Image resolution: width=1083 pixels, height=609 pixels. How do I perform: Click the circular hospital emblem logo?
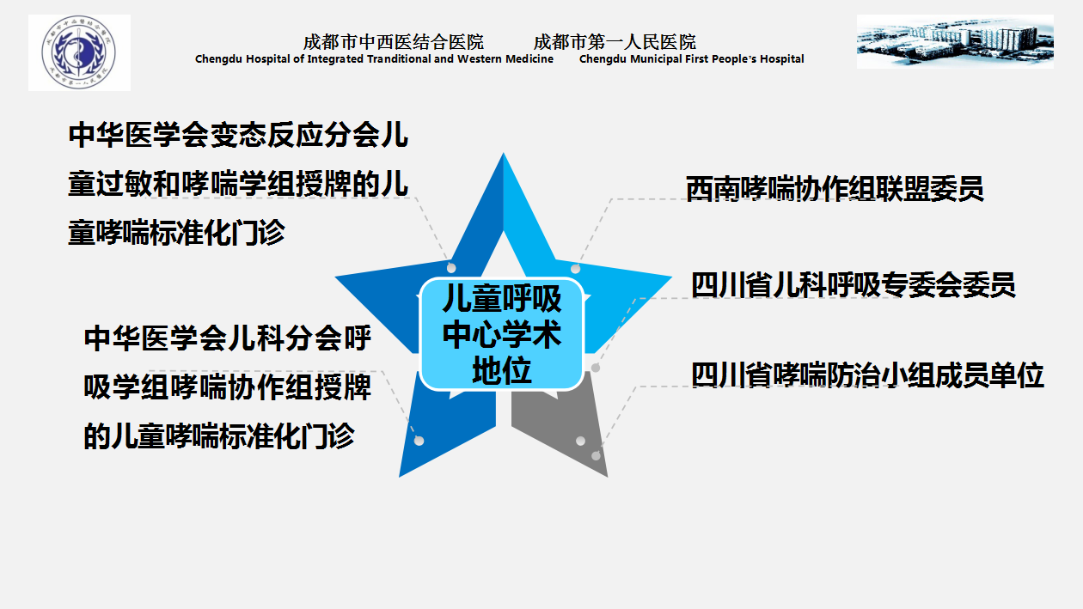click(79, 52)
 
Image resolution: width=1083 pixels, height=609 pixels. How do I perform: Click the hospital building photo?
click(955, 41)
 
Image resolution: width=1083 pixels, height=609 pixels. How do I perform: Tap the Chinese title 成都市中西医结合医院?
click(393, 42)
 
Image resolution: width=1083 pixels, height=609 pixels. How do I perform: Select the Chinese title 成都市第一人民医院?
click(615, 42)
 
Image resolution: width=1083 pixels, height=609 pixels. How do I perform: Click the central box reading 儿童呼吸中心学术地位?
click(502, 334)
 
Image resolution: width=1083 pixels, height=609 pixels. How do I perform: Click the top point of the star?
click(504, 153)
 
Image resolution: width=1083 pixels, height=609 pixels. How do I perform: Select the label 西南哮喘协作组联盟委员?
click(835, 188)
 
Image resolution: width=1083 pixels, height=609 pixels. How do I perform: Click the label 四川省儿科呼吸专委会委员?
click(853, 284)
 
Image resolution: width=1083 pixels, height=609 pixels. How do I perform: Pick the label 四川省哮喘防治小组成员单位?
click(867, 375)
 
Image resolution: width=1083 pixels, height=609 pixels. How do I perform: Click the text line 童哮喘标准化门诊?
click(176, 233)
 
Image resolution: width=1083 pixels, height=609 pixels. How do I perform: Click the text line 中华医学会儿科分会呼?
click(227, 338)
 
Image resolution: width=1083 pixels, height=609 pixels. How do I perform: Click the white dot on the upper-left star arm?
click(451, 268)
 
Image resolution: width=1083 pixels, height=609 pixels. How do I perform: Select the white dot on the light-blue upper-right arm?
click(575, 269)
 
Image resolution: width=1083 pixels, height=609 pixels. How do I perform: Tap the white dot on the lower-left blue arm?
click(419, 441)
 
